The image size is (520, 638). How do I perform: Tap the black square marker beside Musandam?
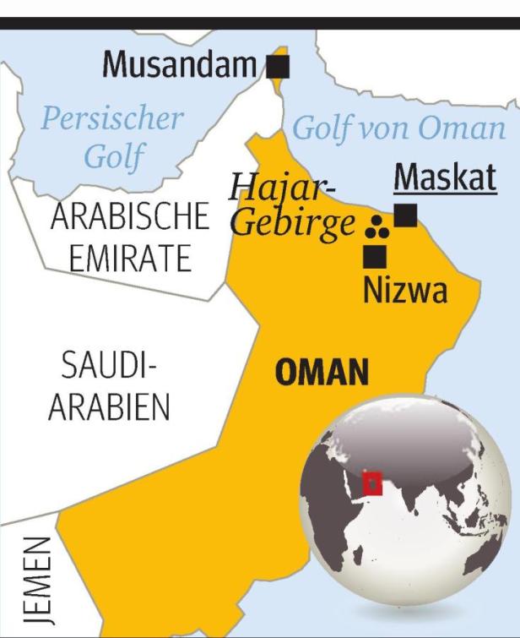coord(277,66)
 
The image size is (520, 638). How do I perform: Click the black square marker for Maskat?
coord(406,216)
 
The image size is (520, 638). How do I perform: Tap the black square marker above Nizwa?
coord(375,255)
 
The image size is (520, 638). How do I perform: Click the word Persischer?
coord(112,118)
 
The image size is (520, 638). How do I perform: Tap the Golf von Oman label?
coord(398,128)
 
